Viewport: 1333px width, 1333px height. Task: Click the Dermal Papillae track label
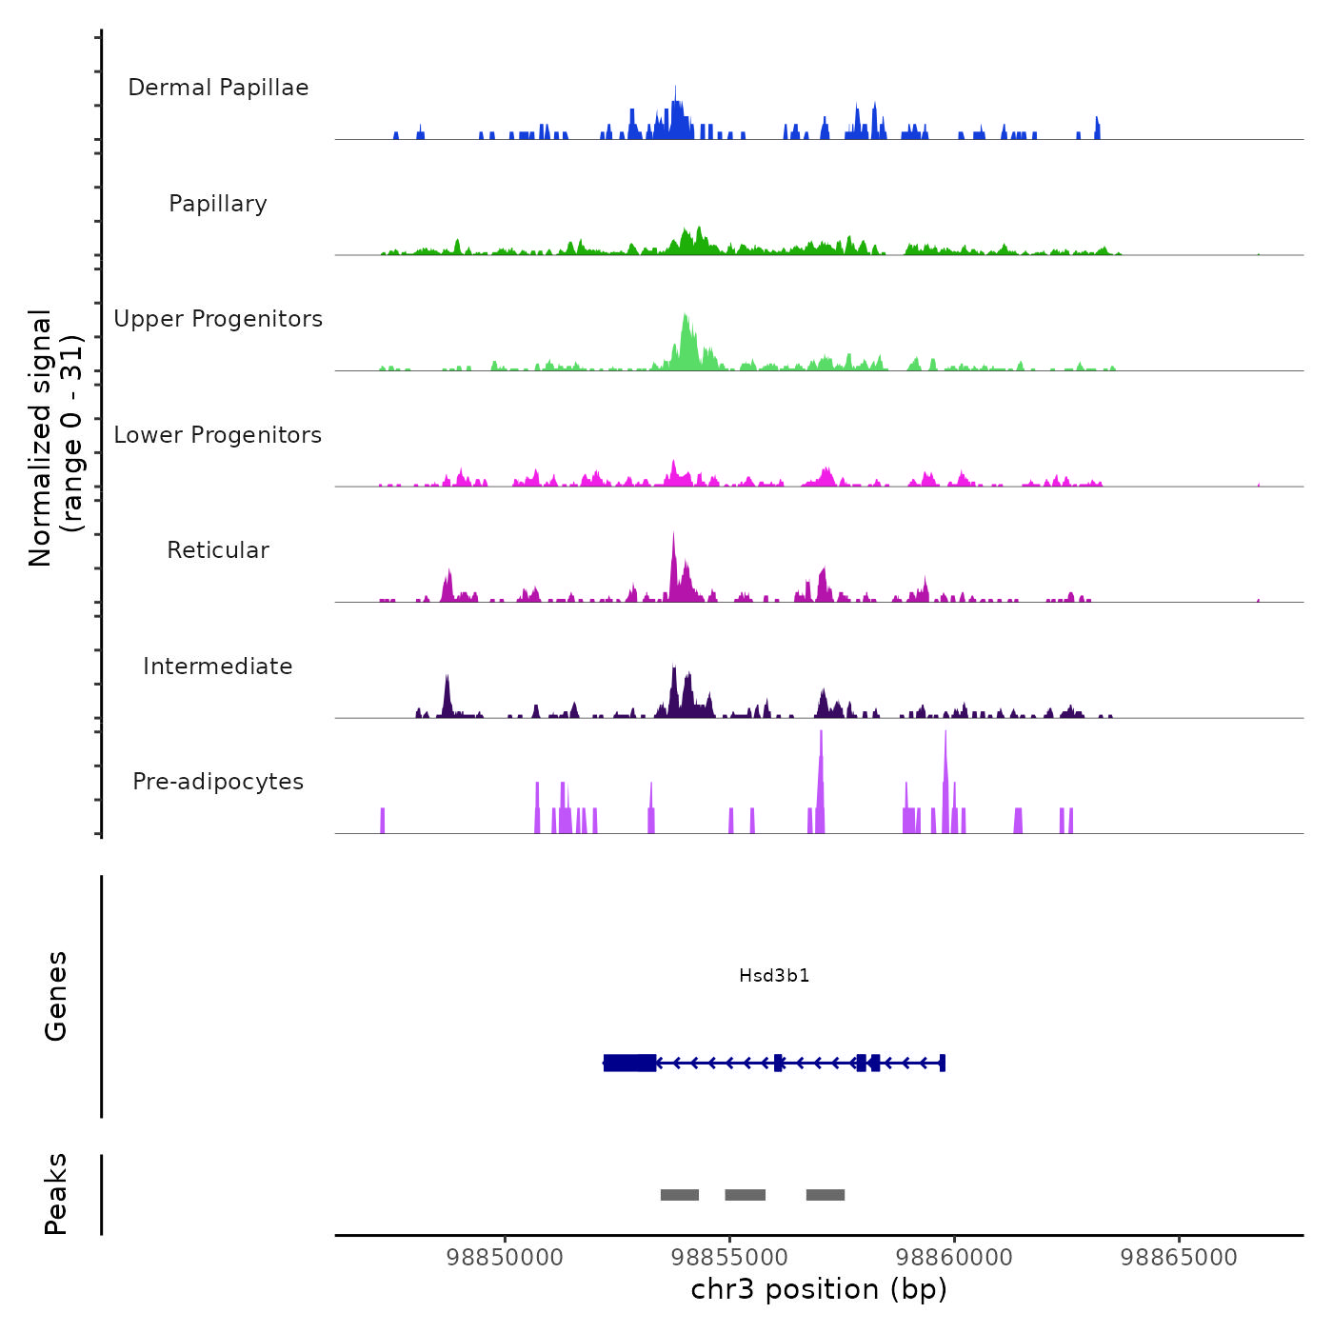click(x=218, y=88)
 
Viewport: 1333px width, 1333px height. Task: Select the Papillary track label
click(x=218, y=204)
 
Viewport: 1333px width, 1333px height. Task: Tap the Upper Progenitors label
click(x=218, y=319)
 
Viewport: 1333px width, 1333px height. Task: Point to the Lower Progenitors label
click(x=218, y=435)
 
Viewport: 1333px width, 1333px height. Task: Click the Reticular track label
click(x=218, y=550)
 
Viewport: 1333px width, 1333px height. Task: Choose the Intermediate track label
click(x=218, y=666)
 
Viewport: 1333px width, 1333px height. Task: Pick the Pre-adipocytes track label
click(x=218, y=782)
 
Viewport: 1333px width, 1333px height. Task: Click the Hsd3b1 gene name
click(x=774, y=976)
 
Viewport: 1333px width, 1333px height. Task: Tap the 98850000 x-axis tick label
click(x=505, y=1258)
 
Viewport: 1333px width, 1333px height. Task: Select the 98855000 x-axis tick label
click(x=729, y=1258)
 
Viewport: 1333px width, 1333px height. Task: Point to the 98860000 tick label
click(x=954, y=1258)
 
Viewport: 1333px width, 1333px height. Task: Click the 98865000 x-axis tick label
click(x=1179, y=1258)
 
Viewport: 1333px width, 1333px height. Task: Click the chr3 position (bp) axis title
click(x=819, y=1290)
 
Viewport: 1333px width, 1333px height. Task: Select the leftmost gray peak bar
click(x=680, y=1195)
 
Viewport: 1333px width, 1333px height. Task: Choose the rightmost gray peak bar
click(x=826, y=1195)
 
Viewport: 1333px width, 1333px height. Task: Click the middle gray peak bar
click(x=746, y=1195)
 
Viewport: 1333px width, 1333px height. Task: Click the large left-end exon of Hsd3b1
click(x=629, y=1063)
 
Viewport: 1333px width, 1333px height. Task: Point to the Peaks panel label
click(x=56, y=1194)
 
